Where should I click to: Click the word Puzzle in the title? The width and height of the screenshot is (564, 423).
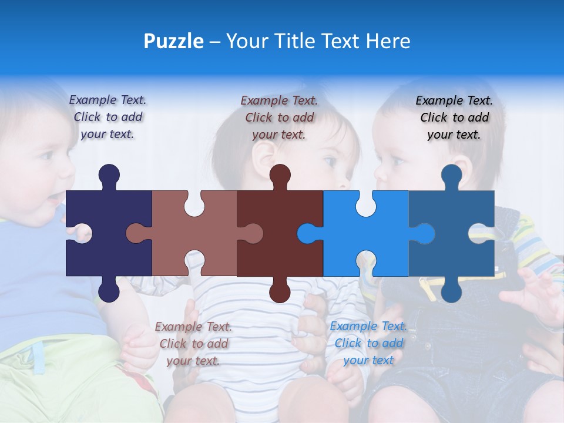[173, 41]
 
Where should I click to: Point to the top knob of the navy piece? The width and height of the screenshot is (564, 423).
[109, 175]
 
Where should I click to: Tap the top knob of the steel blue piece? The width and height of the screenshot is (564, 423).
[451, 175]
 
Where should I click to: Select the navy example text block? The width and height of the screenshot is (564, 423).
[108, 117]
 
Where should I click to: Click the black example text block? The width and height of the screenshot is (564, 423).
[454, 117]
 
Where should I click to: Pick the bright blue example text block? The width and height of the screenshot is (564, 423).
[368, 343]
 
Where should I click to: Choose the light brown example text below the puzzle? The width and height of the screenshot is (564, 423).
[193, 343]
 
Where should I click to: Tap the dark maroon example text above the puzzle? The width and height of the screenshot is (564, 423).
[279, 117]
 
